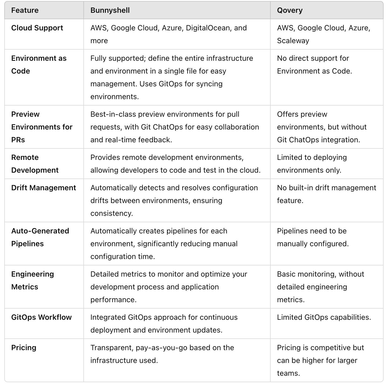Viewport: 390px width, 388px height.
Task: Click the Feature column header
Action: click(x=25, y=10)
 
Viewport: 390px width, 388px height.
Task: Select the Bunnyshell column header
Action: click(x=110, y=10)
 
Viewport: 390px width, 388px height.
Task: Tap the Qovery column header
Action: click(x=290, y=10)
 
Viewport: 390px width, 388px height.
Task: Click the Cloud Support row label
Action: click(x=37, y=28)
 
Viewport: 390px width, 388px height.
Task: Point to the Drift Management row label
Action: click(x=43, y=188)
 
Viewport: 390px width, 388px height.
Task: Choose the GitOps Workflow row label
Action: click(x=41, y=317)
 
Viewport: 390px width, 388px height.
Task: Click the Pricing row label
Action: click(x=24, y=348)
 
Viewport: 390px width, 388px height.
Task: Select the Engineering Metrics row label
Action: click(x=32, y=280)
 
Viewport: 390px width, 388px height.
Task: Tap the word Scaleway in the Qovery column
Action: click(x=293, y=41)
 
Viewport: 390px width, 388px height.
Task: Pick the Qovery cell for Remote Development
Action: click(x=312, y=164)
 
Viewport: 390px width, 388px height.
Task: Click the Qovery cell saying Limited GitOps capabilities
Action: click(x=324, y=317)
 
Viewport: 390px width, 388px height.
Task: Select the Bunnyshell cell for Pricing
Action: click(x=162, y=354)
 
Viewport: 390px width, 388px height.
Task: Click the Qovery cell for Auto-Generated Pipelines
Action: click(x=312, y=237)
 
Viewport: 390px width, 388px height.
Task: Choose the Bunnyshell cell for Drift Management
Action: click(x=174, y=200)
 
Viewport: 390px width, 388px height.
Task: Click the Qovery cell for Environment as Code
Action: click(x=314, y=64)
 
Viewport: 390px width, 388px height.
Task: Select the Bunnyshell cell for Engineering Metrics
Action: click(x=169, y=287)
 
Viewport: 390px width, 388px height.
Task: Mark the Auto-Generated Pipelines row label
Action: click(x=40, y=237)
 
